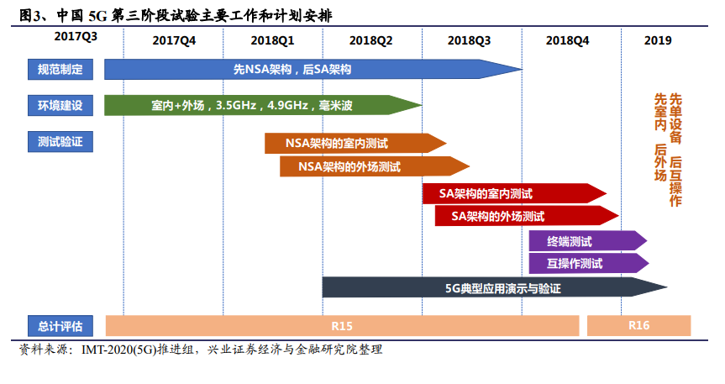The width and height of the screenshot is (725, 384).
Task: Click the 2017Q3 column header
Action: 76,36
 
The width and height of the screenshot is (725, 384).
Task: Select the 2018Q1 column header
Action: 272,40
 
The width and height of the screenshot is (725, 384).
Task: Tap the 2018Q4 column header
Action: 567,40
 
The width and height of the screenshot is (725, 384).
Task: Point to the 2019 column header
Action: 658,40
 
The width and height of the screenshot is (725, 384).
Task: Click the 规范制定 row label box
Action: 60,70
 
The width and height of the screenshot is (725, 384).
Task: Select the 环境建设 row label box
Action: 60,106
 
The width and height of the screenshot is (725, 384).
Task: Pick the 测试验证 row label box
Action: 60,141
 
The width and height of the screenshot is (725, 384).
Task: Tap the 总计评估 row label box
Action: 60,326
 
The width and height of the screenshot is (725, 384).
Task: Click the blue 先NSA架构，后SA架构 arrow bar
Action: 313,70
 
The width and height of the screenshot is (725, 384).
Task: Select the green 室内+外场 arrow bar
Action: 263,106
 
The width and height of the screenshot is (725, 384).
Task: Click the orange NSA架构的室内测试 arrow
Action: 355,144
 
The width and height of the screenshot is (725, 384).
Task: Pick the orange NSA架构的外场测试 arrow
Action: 375,166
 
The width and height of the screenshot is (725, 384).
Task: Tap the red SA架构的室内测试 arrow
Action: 514,193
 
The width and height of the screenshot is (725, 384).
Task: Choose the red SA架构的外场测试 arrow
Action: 527,216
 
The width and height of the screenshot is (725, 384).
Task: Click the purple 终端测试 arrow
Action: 588,241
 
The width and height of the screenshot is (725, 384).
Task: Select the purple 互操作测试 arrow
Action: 589,263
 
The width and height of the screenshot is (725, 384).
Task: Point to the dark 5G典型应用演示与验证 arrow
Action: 495,287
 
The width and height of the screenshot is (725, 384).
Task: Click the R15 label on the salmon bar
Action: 342,326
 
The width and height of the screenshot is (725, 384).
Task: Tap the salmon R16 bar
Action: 639,326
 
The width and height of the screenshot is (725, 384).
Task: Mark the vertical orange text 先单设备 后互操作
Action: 675,150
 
